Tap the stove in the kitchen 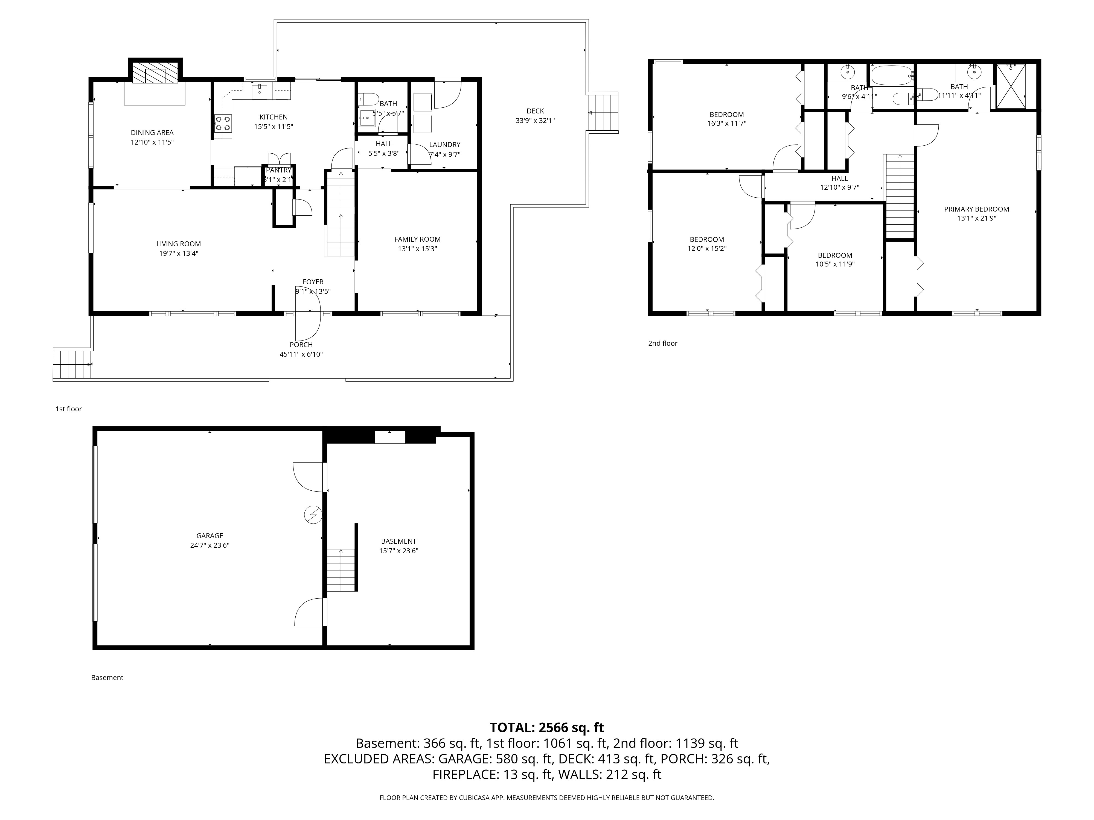(x=223, y=123)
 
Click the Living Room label (x=179, y=244)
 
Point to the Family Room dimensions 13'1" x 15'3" (x=417, y=249)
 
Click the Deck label (x=535, y=111)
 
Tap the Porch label (x=301, y=344)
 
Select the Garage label (x=210, y=536)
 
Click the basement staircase (x=341, y=570)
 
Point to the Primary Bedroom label (x=976, y=209)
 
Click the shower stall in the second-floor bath (x=1010, y=86)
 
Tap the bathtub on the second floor (x=892, y=76)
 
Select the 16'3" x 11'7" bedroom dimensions (x=726, y=124)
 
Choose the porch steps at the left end (x=72, y=364)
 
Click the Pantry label (x=278, y=170)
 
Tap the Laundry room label (x=445, y=144)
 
